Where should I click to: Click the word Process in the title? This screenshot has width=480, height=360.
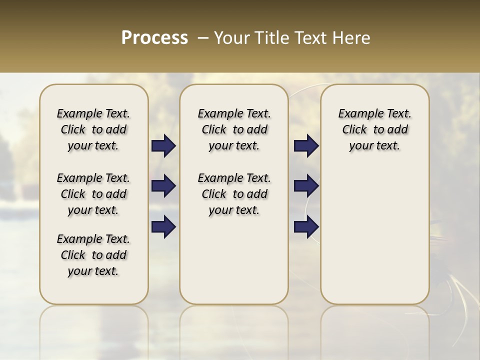[x=154, y=38]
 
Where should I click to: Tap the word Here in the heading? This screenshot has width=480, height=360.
[x=351, y=38]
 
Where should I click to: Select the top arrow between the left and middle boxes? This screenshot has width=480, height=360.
[x=163, y=146]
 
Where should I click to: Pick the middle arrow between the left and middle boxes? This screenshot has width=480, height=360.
[x=163, y=186]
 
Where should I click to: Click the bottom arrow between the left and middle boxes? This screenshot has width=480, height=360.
[x=163, y=226]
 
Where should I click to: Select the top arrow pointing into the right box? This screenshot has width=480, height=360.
[x=306, y=146]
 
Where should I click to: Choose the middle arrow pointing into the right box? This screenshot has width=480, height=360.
[x=306, y=186]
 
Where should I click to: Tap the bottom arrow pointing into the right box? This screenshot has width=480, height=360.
[x=306, y=226]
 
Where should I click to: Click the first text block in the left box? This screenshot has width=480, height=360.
[x=93, y=129]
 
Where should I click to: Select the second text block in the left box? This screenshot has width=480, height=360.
[x=93, y=194]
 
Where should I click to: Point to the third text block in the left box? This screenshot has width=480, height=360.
[x=93, y=255]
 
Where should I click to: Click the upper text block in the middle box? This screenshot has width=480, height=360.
[x=234, y=129]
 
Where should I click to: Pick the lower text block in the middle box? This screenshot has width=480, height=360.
[x=234, y=194]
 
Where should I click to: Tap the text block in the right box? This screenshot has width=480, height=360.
[x=375, y=129]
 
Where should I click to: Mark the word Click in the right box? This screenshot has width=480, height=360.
[x=354, y=130]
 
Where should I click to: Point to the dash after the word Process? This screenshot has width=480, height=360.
[x=203, y=38]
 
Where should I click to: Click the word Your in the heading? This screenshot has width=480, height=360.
[x=229, y=38]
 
